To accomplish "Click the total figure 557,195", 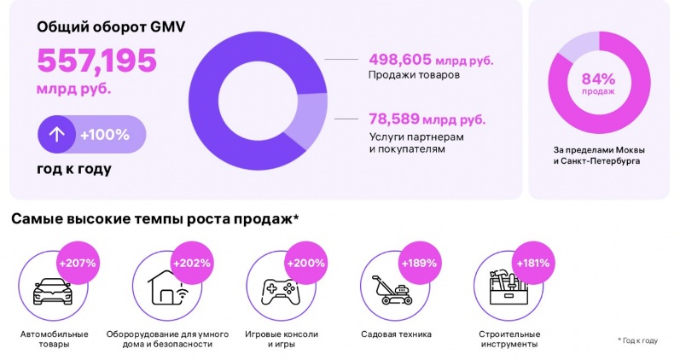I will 96,61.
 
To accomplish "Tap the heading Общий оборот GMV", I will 111,26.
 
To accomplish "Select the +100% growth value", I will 104,134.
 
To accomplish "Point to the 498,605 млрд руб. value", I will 431,60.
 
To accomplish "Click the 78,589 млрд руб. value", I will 427,119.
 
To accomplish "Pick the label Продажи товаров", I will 414,76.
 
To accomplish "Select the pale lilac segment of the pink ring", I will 580,41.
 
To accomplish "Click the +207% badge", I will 76,262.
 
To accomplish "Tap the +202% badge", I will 190,262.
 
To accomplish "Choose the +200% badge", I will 305,262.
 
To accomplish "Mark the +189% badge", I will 419,262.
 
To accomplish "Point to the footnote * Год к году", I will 637,340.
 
